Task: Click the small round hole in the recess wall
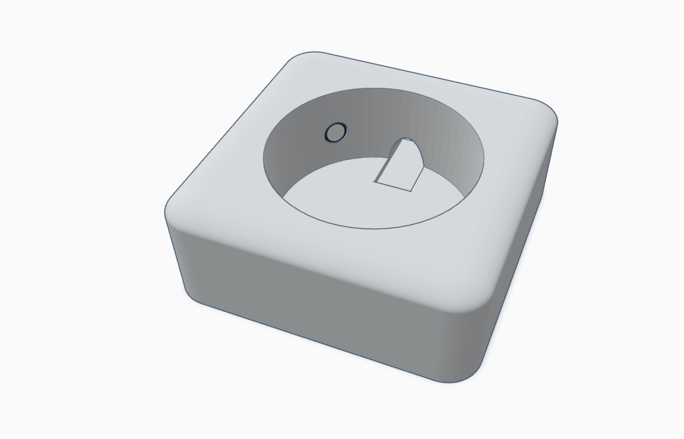(336, 133)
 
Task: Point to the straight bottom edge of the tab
(392, 187)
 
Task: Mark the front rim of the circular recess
(370, 228)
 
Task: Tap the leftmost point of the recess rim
(263, 160)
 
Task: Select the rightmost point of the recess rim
(484, 160)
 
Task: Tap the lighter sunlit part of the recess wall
(461, 137)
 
